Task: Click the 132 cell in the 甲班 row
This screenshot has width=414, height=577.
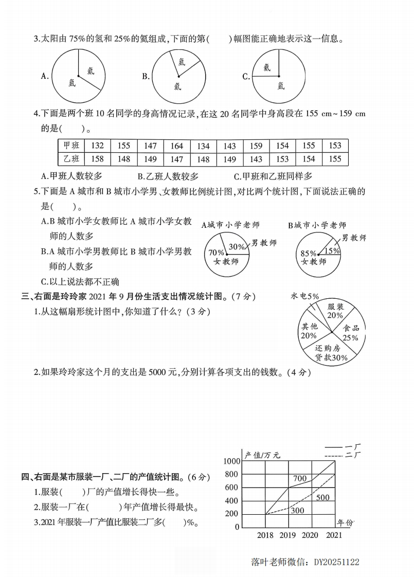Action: click(x=97, y=146)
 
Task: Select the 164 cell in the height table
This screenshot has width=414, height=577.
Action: click(x=176, y=146)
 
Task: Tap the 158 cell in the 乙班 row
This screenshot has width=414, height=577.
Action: click(x=97, y=159)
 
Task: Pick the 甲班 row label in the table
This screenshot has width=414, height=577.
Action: click(x=70, y=146)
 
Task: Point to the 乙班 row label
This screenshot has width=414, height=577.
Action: click(x=70, y=159)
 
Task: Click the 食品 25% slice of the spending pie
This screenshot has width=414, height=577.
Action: click(x=350, y=333)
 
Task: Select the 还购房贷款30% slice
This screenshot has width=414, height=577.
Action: click(x=331, y=353)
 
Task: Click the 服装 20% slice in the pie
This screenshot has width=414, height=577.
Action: click(x=335, y=311)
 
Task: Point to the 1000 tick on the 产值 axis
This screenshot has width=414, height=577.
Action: click(x=231, y=461)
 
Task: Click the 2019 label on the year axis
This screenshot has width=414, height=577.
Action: click(x=287, y=535)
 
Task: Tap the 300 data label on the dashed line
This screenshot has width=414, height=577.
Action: click(x=297, y=510)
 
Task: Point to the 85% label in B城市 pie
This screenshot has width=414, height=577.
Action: click(x=308, y=253)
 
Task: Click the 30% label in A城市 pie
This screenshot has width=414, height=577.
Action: click(x=236, y=246)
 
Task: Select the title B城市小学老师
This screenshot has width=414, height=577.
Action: click(x=317, y=225)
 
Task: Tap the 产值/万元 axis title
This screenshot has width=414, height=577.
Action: click(x=262, y=455)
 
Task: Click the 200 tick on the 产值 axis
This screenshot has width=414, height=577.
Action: click(x=232, y=514)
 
